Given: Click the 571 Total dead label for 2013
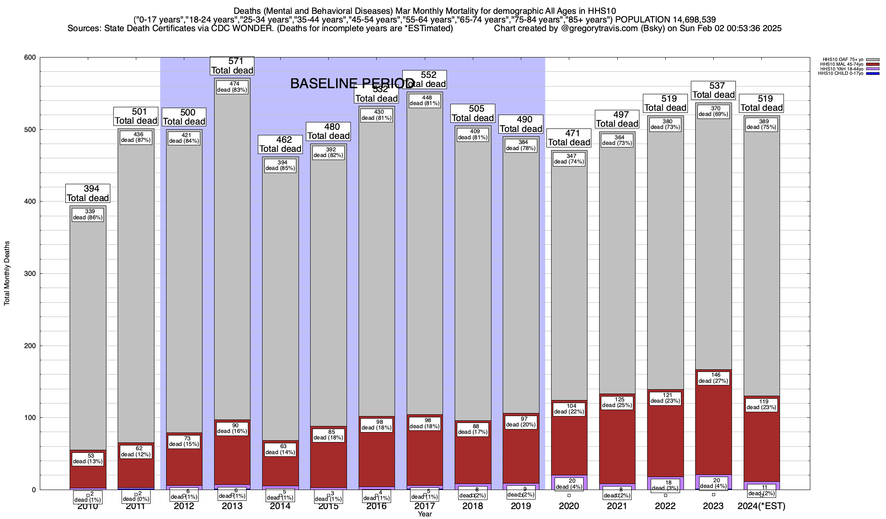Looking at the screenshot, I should [232, 66].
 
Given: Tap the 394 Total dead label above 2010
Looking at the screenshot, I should [88, 193].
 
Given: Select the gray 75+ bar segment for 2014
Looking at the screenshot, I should [280, 303].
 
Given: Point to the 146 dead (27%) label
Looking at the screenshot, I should [713, 378].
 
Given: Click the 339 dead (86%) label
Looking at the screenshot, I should [88, 215].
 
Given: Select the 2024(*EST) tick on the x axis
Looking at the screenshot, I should [761, 506].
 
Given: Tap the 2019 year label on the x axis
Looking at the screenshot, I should [521, 506].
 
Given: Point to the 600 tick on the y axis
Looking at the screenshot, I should [31, 58].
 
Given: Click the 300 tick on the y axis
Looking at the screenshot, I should [31, 274].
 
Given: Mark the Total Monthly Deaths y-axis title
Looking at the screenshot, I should [7, 273].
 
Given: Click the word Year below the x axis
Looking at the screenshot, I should [425, 514].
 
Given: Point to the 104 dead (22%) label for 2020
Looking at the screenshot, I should [569, 409].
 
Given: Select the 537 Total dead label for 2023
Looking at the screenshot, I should [713, 90].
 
